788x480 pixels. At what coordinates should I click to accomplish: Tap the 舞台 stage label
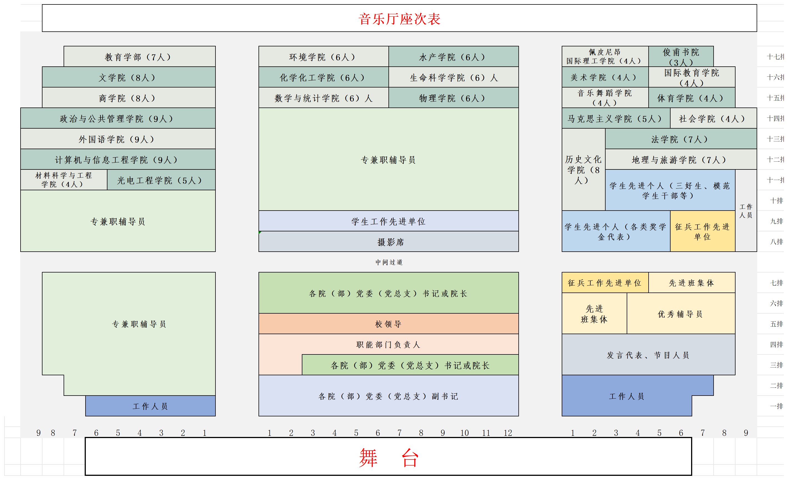click(388, 457)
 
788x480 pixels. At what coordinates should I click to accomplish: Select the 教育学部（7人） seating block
click(139, 57)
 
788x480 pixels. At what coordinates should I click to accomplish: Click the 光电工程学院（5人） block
click(160, 180)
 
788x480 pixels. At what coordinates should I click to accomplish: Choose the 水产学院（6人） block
click(453, 57)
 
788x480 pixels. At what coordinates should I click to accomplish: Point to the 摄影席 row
click(388, 242)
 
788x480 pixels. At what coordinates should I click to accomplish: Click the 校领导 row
click(388, 324)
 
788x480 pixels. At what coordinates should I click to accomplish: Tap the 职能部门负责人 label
click(388, 344)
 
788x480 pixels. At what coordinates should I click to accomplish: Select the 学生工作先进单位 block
click(388, 221)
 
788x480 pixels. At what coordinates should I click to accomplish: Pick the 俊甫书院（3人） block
click(681, 57)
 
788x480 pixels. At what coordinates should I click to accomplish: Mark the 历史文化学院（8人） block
click(583, 170)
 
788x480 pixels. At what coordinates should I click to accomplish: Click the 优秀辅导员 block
click(681, 314)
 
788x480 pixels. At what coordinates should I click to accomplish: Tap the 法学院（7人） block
click(681, 139)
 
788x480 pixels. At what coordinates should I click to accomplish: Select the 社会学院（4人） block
click(713, 119)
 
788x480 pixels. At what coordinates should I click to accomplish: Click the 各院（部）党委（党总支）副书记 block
click(388, 396)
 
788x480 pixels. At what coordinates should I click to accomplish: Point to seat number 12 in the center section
click(508, 433)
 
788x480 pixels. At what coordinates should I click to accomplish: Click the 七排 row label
click(777, 283)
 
